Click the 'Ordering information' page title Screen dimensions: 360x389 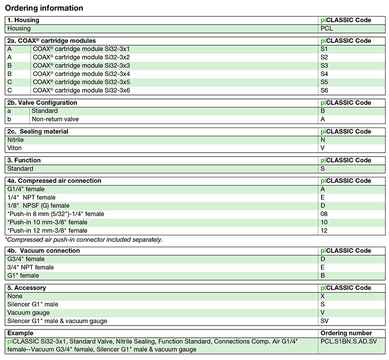click(44, 8)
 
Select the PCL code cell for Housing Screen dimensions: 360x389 click(327, 29)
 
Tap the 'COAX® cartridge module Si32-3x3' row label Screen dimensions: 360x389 click(81, 65)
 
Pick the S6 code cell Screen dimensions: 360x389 click(324, 91)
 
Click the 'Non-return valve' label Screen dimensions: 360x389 click(55, 119)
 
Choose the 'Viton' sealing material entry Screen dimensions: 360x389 click(14, 148)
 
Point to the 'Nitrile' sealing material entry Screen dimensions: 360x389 click(16, 140)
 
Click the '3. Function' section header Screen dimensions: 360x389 click(24, 161)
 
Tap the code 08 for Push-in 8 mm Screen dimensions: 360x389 click(324, 214)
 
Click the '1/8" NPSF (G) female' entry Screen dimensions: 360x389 click(38, 205)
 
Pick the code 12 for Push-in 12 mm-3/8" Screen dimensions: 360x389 click(324, 230)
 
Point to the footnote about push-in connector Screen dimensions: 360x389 click(84, 240)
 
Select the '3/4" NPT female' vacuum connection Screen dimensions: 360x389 click(31, 267)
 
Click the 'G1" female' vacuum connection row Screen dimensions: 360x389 click(23, 275)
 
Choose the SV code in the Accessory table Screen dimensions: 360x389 click(325, 321)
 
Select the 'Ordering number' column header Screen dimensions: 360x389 click(346, 333)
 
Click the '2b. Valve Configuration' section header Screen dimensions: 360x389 click(42, 103)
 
